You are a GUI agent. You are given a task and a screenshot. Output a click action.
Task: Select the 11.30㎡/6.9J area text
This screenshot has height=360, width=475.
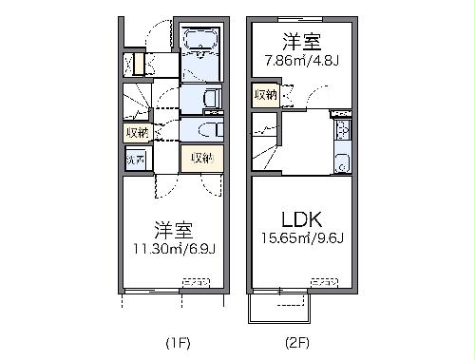(173, 251)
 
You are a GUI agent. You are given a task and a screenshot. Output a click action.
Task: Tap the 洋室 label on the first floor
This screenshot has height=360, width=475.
(172, 228)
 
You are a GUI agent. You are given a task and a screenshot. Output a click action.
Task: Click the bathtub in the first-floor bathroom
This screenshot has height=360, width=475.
(200, 43)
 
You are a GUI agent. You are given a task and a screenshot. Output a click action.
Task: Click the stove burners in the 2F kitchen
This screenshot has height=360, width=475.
(343, 129)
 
